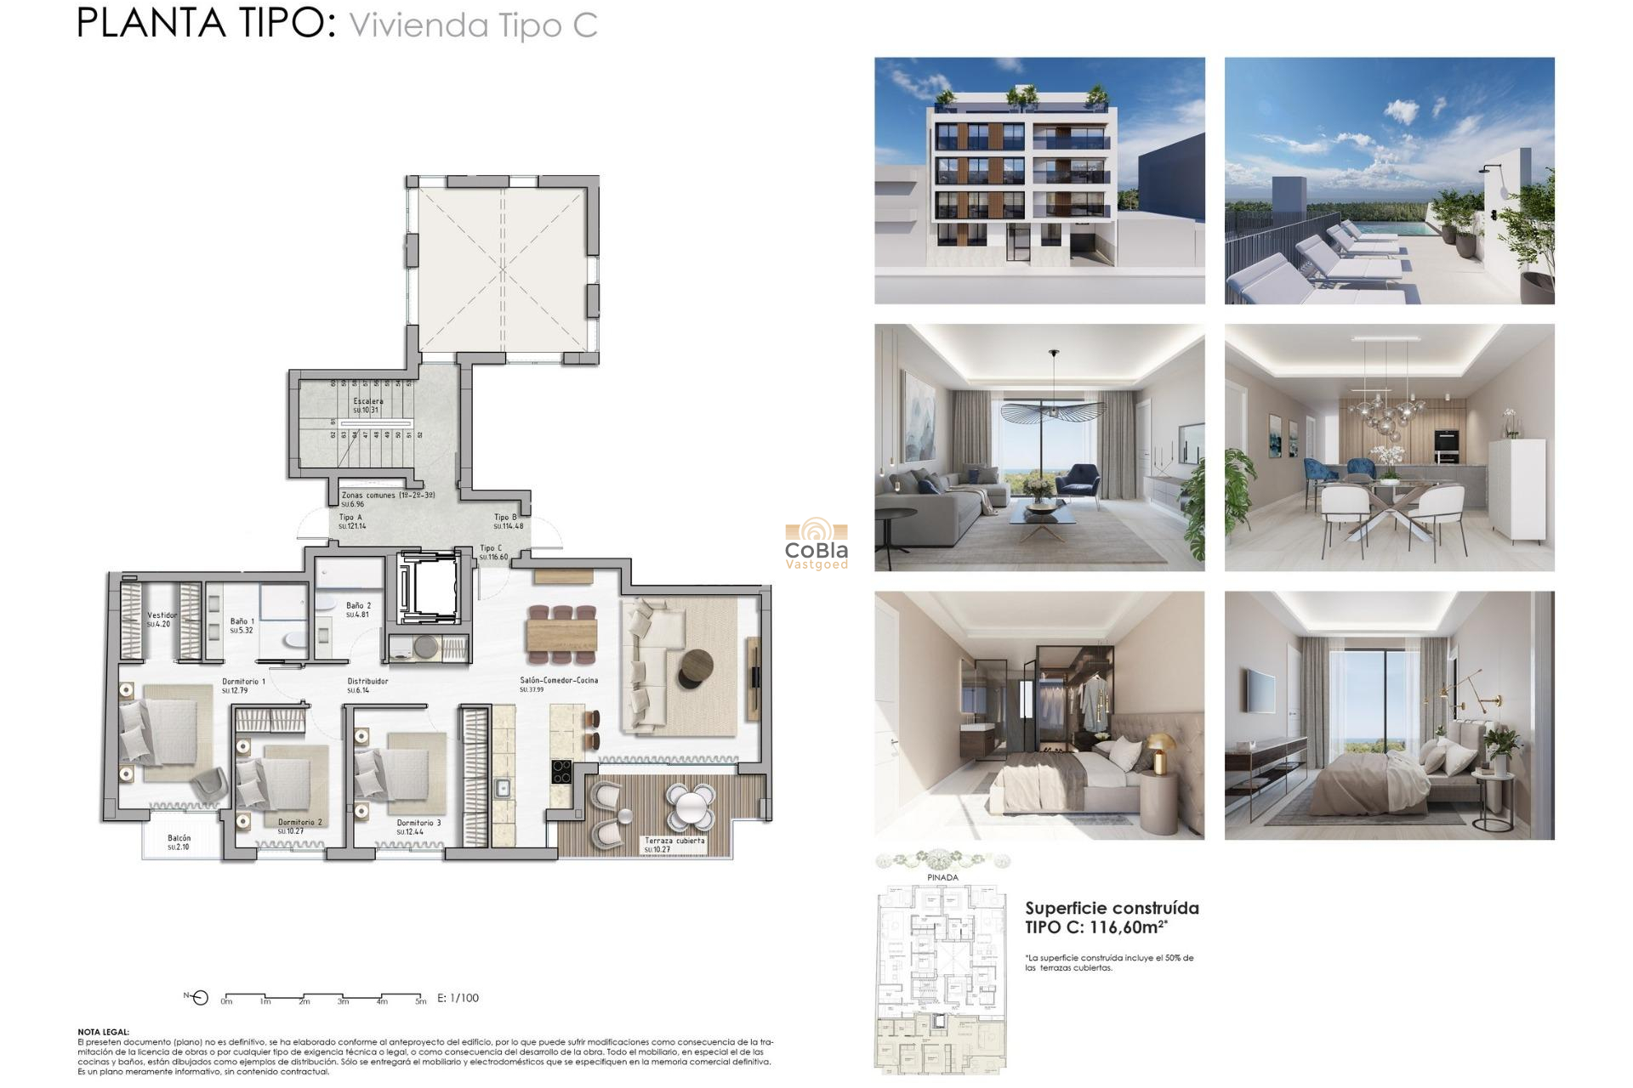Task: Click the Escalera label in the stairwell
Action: (368, 401)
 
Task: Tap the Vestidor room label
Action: (162, 615)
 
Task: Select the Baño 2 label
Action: (358, 606)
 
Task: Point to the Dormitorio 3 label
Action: (418, 823)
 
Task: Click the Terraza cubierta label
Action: (674, 841)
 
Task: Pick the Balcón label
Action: (179, 838)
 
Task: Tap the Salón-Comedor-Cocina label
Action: (559, 680)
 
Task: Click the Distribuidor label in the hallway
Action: (367, 681)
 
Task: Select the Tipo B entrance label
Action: (505, 517)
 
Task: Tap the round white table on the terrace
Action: (690, 806)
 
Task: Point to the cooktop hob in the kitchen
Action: (561, 772)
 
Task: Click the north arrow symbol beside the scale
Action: (199, 998)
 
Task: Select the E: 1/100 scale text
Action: (458, 998)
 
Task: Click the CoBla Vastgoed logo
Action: (816, 544)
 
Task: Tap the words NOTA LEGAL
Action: (103, 1032)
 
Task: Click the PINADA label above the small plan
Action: (942, 877)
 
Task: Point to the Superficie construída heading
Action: (1112, 908)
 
